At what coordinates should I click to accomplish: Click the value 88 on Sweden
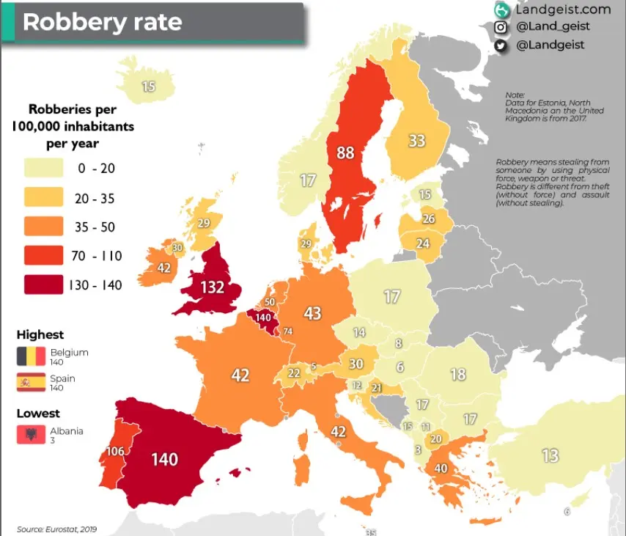[x=345, y=153]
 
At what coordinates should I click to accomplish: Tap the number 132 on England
[x=212, y=287]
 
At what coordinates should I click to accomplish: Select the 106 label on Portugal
[x=95, y=450]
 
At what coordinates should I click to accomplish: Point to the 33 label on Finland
[x=417, y=140]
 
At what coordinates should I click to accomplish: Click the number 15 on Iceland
[x=148, y=87]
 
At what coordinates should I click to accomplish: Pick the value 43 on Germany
[x=313, y=313]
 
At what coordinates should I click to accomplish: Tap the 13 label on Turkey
[x=550, y=456]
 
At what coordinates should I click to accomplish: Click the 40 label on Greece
[x=441, y=469]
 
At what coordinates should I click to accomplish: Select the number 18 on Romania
[x=458, y=374]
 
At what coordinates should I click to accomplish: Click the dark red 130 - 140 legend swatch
[x=43, y=284]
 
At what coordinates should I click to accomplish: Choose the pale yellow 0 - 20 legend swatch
[x=43, y=169]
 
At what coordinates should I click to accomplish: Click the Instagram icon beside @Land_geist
[x=501, y=27]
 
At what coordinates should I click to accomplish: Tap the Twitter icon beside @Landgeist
[x=501, y=45]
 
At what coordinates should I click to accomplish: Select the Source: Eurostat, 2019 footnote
[x=56, y=529]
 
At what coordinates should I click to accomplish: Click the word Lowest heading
[x=38, y=414]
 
